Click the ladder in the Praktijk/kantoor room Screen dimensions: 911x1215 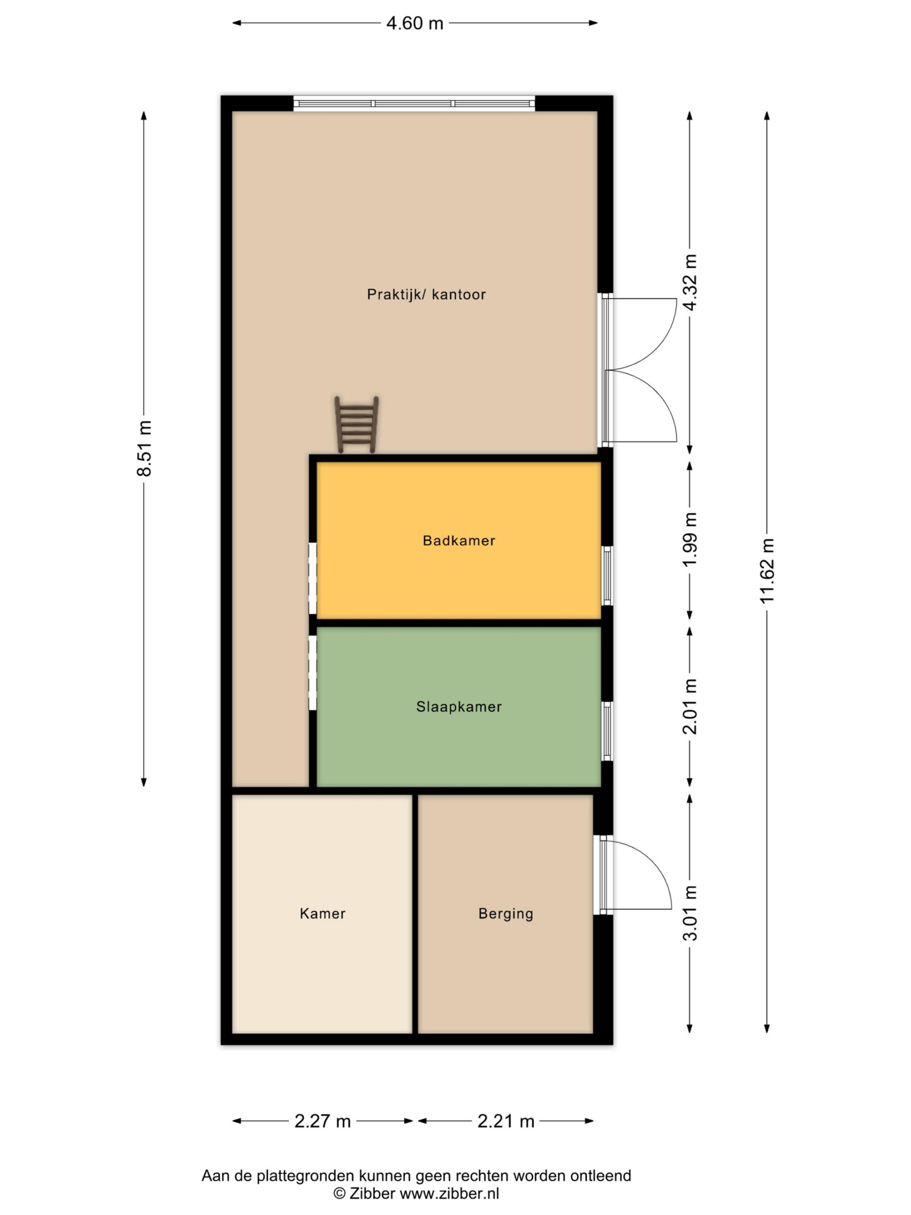coord(356,425)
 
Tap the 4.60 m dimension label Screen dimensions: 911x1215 coord(415,24)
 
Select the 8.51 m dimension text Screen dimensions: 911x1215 coord(144,448)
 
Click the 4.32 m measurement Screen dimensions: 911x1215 coord(690,282)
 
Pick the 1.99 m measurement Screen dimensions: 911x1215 coord(690,539)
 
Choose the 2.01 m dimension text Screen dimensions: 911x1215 coord(690,706)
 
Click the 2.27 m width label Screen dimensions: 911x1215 coord(322,1122)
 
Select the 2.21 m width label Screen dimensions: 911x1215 coord(506,1122)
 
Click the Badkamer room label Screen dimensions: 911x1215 coord(459,541)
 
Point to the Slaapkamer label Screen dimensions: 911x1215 coord(459,707)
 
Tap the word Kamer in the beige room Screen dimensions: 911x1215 coord(322,914)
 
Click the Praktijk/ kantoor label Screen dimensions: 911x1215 coord(426,295)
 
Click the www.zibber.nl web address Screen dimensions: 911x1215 coord(449,1194)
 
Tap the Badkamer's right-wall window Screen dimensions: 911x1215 coord(607,576)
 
